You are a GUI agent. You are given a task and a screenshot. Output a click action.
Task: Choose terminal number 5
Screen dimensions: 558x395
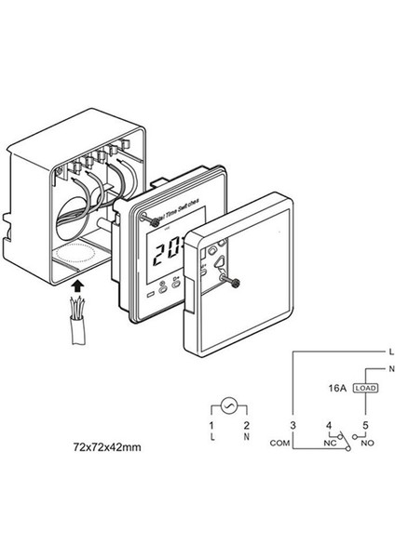[x=364, y=425]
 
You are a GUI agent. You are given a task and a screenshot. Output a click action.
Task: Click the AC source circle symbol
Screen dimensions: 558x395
[x=228, y=405]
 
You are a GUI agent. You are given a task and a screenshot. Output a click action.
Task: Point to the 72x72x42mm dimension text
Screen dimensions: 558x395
[x=106, y=447]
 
